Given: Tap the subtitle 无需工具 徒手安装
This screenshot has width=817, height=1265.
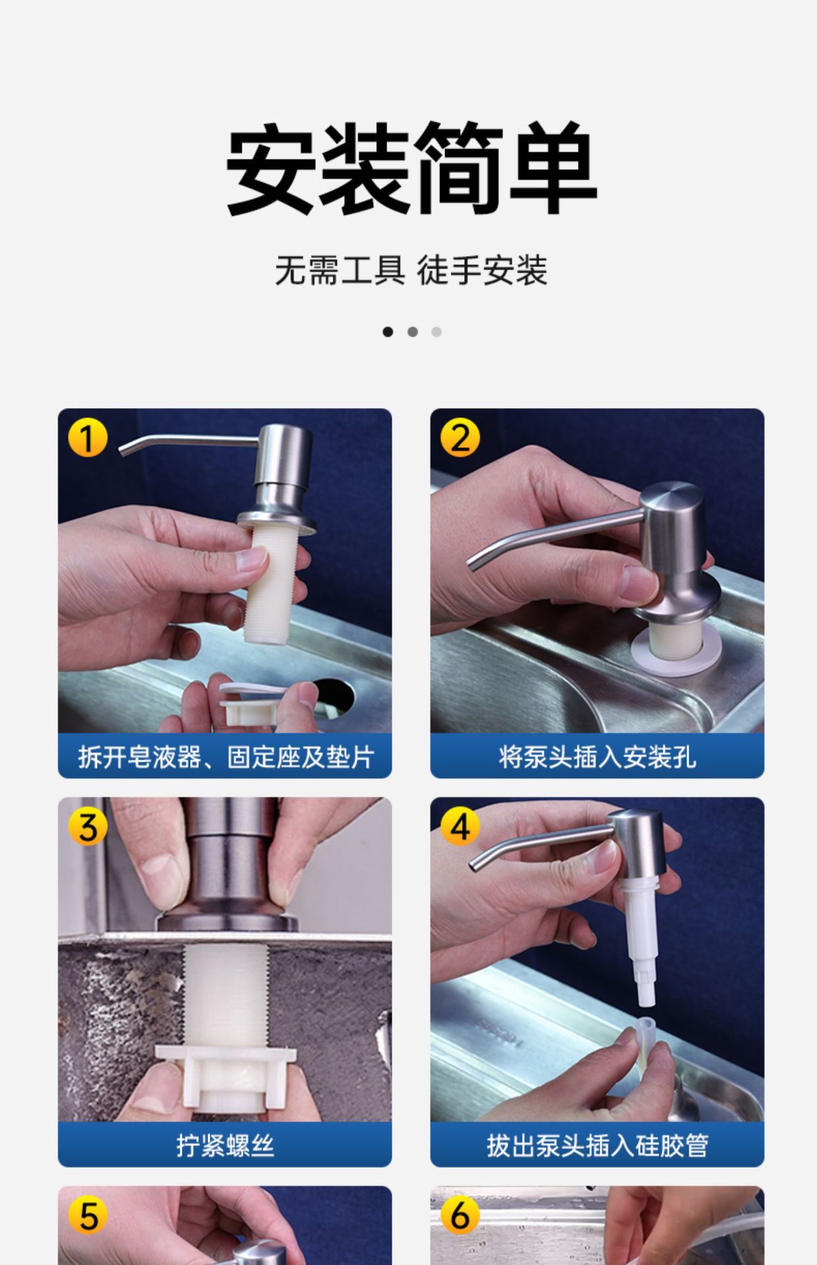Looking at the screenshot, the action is [x=411, y=270].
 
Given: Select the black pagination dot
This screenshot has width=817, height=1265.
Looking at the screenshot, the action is [x=388, y=332].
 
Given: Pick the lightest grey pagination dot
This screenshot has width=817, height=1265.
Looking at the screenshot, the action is [x=436, y=332].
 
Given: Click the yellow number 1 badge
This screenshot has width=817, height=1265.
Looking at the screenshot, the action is [x=88, y=438].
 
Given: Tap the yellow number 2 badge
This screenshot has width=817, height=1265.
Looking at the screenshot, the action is [x=460, y=438].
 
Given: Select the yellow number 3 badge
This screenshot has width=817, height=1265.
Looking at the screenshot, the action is [x=88, y=827].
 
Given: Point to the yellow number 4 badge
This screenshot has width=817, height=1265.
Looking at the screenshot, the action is [x=460, y=827].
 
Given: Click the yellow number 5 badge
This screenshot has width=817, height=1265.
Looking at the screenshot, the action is [x=88, y=1216].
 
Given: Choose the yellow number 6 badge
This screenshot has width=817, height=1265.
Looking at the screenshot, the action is [x=460, y=1216].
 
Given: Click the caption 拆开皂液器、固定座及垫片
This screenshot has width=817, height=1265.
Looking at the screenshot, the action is [x=225, y=757].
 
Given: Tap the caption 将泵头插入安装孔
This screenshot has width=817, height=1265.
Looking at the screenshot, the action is [x=597, y=757].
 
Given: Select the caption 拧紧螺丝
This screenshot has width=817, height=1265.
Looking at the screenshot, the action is [x=225, y=1146].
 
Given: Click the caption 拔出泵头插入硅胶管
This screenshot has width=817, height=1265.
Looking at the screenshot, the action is [x=597, y=1146].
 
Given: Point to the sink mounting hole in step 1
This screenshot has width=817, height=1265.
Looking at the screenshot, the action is [x=335, y=696].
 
